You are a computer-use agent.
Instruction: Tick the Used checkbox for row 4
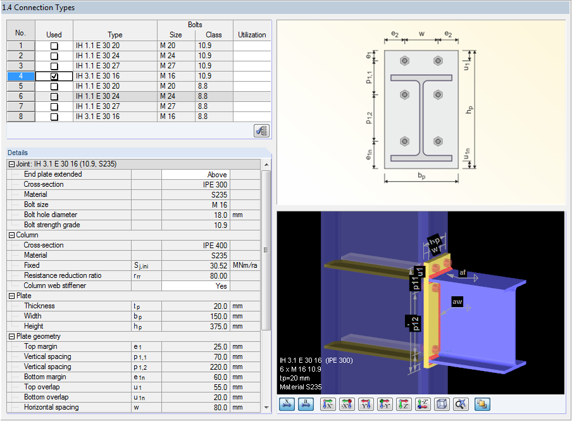point(54,76)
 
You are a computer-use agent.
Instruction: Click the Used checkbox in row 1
point(54,46)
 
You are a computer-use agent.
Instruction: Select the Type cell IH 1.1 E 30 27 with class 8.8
point(115,106)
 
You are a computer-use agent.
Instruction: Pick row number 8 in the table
point(21,116)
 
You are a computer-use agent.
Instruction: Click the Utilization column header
point(252,35)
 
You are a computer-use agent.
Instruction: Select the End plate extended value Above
point(196,174)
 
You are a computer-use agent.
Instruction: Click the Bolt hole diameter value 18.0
point(196,215)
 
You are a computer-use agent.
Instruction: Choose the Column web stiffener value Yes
point(196,286)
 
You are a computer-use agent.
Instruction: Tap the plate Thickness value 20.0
point(196,306)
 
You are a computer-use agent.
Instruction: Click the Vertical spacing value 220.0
point(196,367)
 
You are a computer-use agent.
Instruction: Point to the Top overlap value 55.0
point(196,387)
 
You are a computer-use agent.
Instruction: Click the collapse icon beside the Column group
point(11,235)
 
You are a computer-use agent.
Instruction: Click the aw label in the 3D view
point(457,302)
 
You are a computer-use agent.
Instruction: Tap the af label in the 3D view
point(463,272)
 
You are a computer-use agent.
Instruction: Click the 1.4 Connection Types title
point(39,8)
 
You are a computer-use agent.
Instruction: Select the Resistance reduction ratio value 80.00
point(196,275)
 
